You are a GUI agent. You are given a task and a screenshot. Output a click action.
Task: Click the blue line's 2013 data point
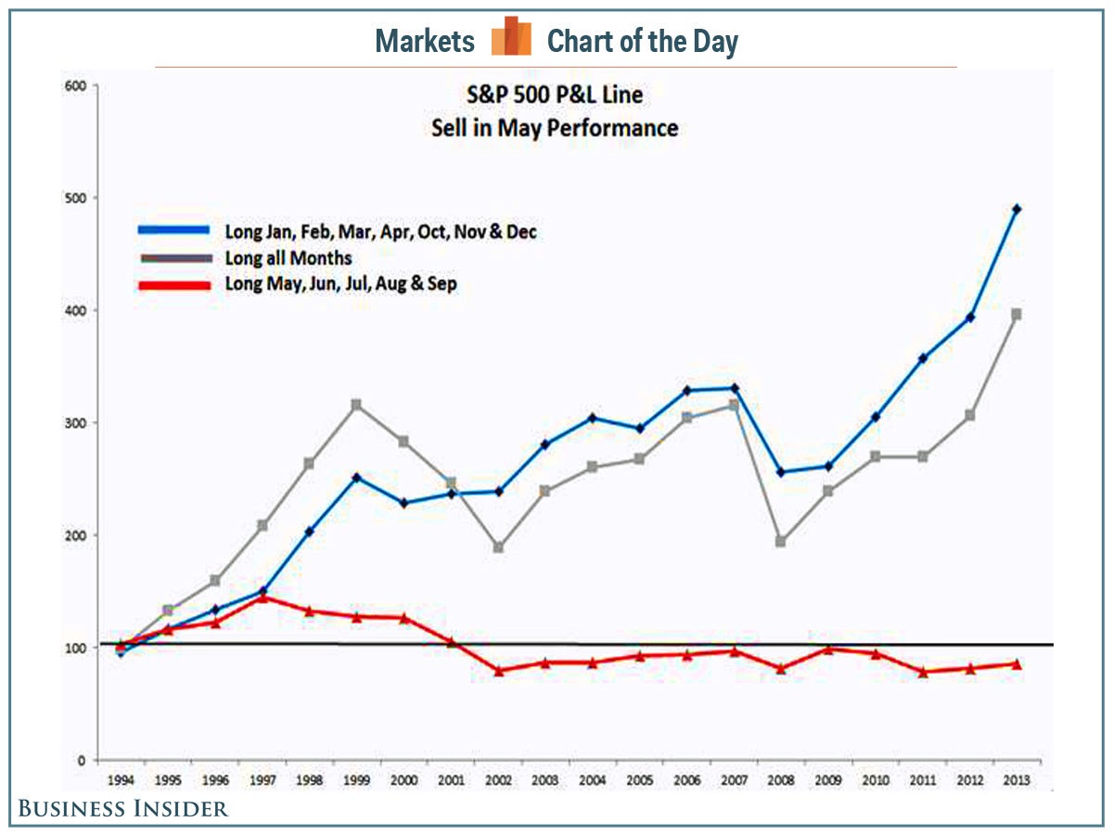[x=1017, y=210]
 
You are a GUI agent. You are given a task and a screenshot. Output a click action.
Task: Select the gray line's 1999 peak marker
[x=356, y=405]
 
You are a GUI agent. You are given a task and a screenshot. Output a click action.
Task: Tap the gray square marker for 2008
[x=781, y=542]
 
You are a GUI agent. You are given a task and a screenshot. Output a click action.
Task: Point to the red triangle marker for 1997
[x=262, y=597]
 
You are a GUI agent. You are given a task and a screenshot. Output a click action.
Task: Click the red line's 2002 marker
[x=498, y=671]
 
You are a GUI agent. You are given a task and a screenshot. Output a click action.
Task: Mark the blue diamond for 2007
[x=734, y=388]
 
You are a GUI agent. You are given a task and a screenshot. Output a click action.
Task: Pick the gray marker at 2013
[x=1017, y=315]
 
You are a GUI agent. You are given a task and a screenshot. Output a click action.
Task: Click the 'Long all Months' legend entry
[x=288, y=258]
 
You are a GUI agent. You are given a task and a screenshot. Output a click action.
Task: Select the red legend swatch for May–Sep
[x=177, y=284]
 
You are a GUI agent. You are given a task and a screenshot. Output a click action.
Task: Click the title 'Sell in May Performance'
[x=555, y=127]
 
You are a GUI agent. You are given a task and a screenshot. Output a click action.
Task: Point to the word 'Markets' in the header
[x=425, y=42]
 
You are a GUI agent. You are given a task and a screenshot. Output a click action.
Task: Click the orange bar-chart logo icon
[x=511, y=37]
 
